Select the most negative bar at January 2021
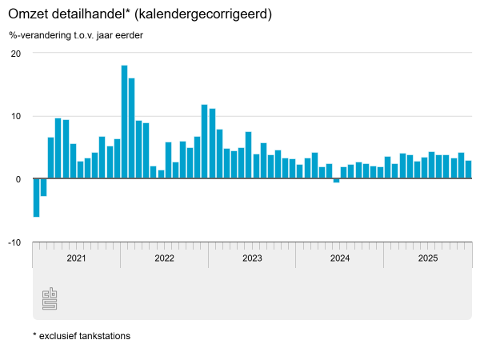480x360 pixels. point(36,198)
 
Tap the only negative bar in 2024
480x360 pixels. point(336,181)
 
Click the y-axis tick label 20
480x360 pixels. point(15,54)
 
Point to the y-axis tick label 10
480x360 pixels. point(15,116)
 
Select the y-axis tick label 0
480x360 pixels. point(18,179)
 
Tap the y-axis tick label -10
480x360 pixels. point(14,242)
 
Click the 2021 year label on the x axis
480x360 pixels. point(76,258)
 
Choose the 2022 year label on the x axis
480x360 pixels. point(164,258)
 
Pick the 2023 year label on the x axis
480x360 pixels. point(252,258)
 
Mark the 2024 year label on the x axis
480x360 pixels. point(340,258)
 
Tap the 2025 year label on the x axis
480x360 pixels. point(428,258)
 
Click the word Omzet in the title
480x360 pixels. point(28,14)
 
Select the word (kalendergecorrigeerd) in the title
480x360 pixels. point(202,14)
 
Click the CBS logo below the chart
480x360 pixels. point(50,298)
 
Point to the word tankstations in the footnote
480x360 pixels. point(103,336)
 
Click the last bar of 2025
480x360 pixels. point(468,170)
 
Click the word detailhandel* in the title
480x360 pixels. point(90,14)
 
